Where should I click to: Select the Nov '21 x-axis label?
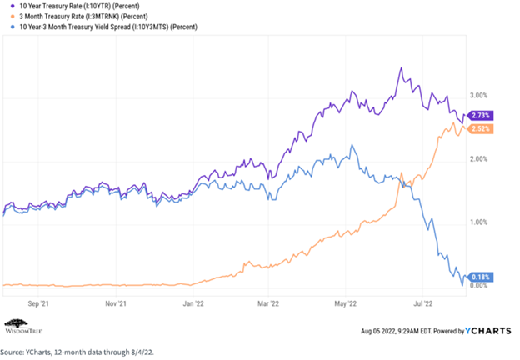click(117, 304)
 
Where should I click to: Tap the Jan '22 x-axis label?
click(194, 304)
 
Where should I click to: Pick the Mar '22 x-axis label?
click(268, 304)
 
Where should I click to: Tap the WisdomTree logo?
click(25, 324)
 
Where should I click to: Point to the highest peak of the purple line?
click(401, 68)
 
